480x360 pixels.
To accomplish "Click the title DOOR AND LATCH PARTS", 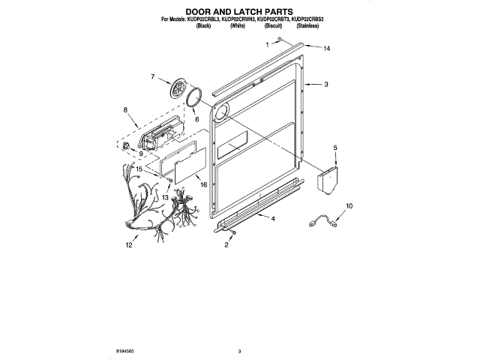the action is click(x=239, y=11).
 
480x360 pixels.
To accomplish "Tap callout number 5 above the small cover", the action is click(x=335, y=148).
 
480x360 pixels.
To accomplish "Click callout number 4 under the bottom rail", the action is click(x=272, y=218).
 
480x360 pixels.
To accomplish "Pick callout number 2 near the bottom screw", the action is click(x=226, y=245).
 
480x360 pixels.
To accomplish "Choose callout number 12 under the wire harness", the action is click(x=128, y=244).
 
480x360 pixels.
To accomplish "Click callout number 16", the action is click(x=203, y=184).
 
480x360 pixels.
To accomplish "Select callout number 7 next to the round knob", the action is click(x=152, y=76).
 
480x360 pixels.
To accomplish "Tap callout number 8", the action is click(x=125, y=109).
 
